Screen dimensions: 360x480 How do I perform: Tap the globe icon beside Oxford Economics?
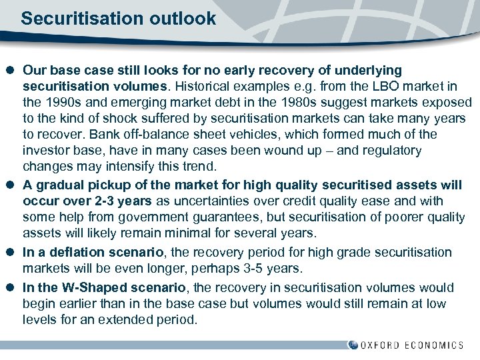(353, 345)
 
